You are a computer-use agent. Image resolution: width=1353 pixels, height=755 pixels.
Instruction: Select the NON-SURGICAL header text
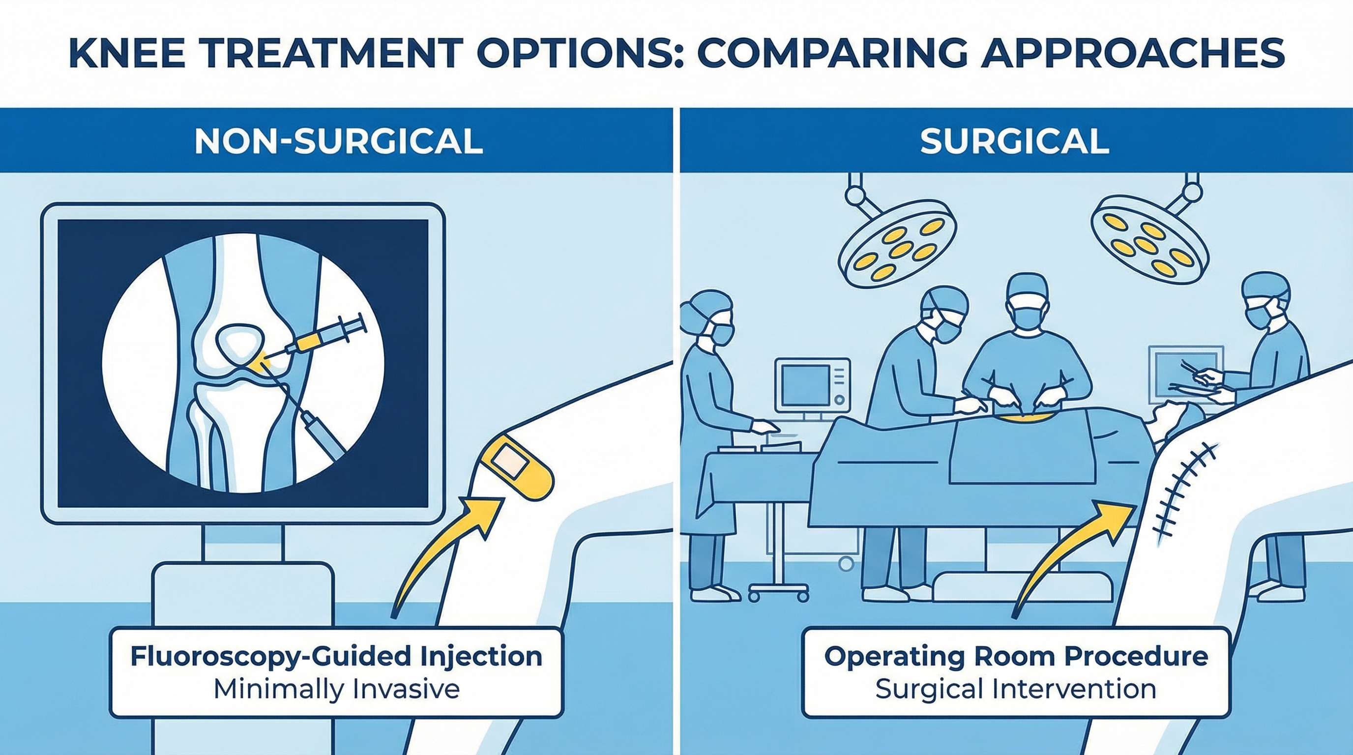click(338, 141)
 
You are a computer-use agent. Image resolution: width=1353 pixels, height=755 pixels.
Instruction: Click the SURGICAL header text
click(1015, 141)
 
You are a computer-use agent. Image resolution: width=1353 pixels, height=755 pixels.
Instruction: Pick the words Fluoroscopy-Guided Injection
click(336, 657)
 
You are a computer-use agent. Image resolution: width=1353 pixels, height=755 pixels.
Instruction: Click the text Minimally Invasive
click(336, 689)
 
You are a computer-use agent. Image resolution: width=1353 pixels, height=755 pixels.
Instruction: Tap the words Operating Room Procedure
click(1016, 657)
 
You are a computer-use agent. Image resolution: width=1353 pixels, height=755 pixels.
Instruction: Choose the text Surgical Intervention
click(1016, 689)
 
